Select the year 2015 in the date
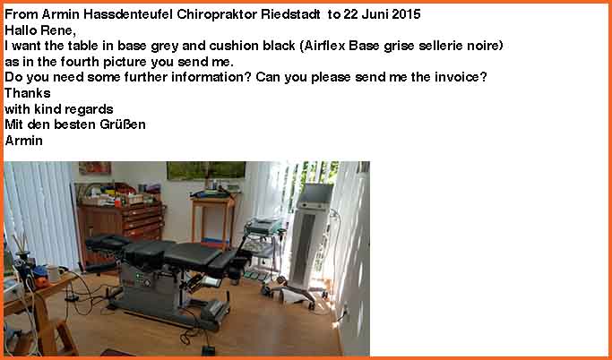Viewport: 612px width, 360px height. pyautogui.click(x=406, y=14)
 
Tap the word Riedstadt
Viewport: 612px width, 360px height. pyautogui.click(x=290, y=14)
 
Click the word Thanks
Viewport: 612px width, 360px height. pyautogui.click(x=27, y=93)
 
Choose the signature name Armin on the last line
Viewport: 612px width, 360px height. pyautogui.click(x=23, y=141)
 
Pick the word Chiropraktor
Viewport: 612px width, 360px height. pyautogui.click(x=217, y=14)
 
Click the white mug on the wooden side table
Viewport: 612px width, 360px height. pyautogui.click(x=54, y=274)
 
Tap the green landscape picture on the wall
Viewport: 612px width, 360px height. pyautogui.click(x=206, y=170)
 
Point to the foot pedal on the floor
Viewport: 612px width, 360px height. pyautogui.click(x=208, y=350)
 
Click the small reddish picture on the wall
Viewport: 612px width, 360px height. pyautogui.click(x=95, y=167)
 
